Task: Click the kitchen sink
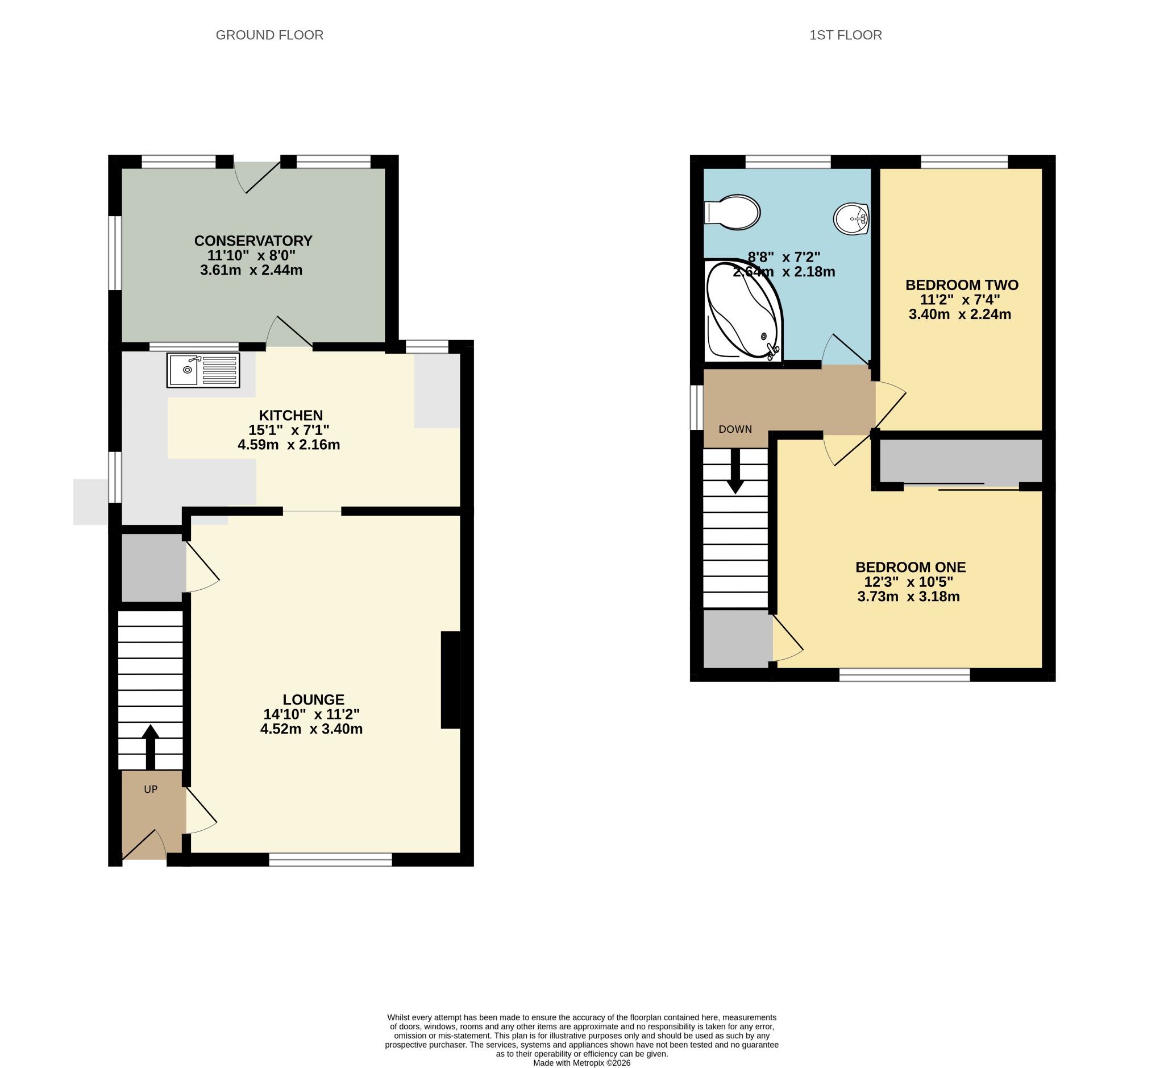[x=203, y=370]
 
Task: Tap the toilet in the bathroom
[x=732, y=212]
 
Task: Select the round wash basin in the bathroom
[x=851, y=219]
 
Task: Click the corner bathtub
[x=743, y=311]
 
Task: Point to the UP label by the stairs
[x=151, y=789]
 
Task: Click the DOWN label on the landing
[x=735, y=429]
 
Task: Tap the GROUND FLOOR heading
[x=270, y=35]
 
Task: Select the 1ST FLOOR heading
[x=846, y=35]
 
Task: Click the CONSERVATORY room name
[x=253, y=241]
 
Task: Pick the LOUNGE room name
[x=314, y=699]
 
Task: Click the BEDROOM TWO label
[x=962, y=285]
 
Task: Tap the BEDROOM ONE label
[x=911, y=567]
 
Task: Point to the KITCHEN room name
[x=290, y=415]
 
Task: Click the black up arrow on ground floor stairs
[x=150, y=747]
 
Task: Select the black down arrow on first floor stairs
[x=735, y=471]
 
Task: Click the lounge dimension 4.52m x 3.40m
[x=311, y=729]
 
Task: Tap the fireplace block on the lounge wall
[x=451, y=680]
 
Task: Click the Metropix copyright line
[x=581, y=1063]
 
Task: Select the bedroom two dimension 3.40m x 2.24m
[x=960, y=314]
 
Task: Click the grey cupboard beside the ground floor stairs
[x=153, y=568]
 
